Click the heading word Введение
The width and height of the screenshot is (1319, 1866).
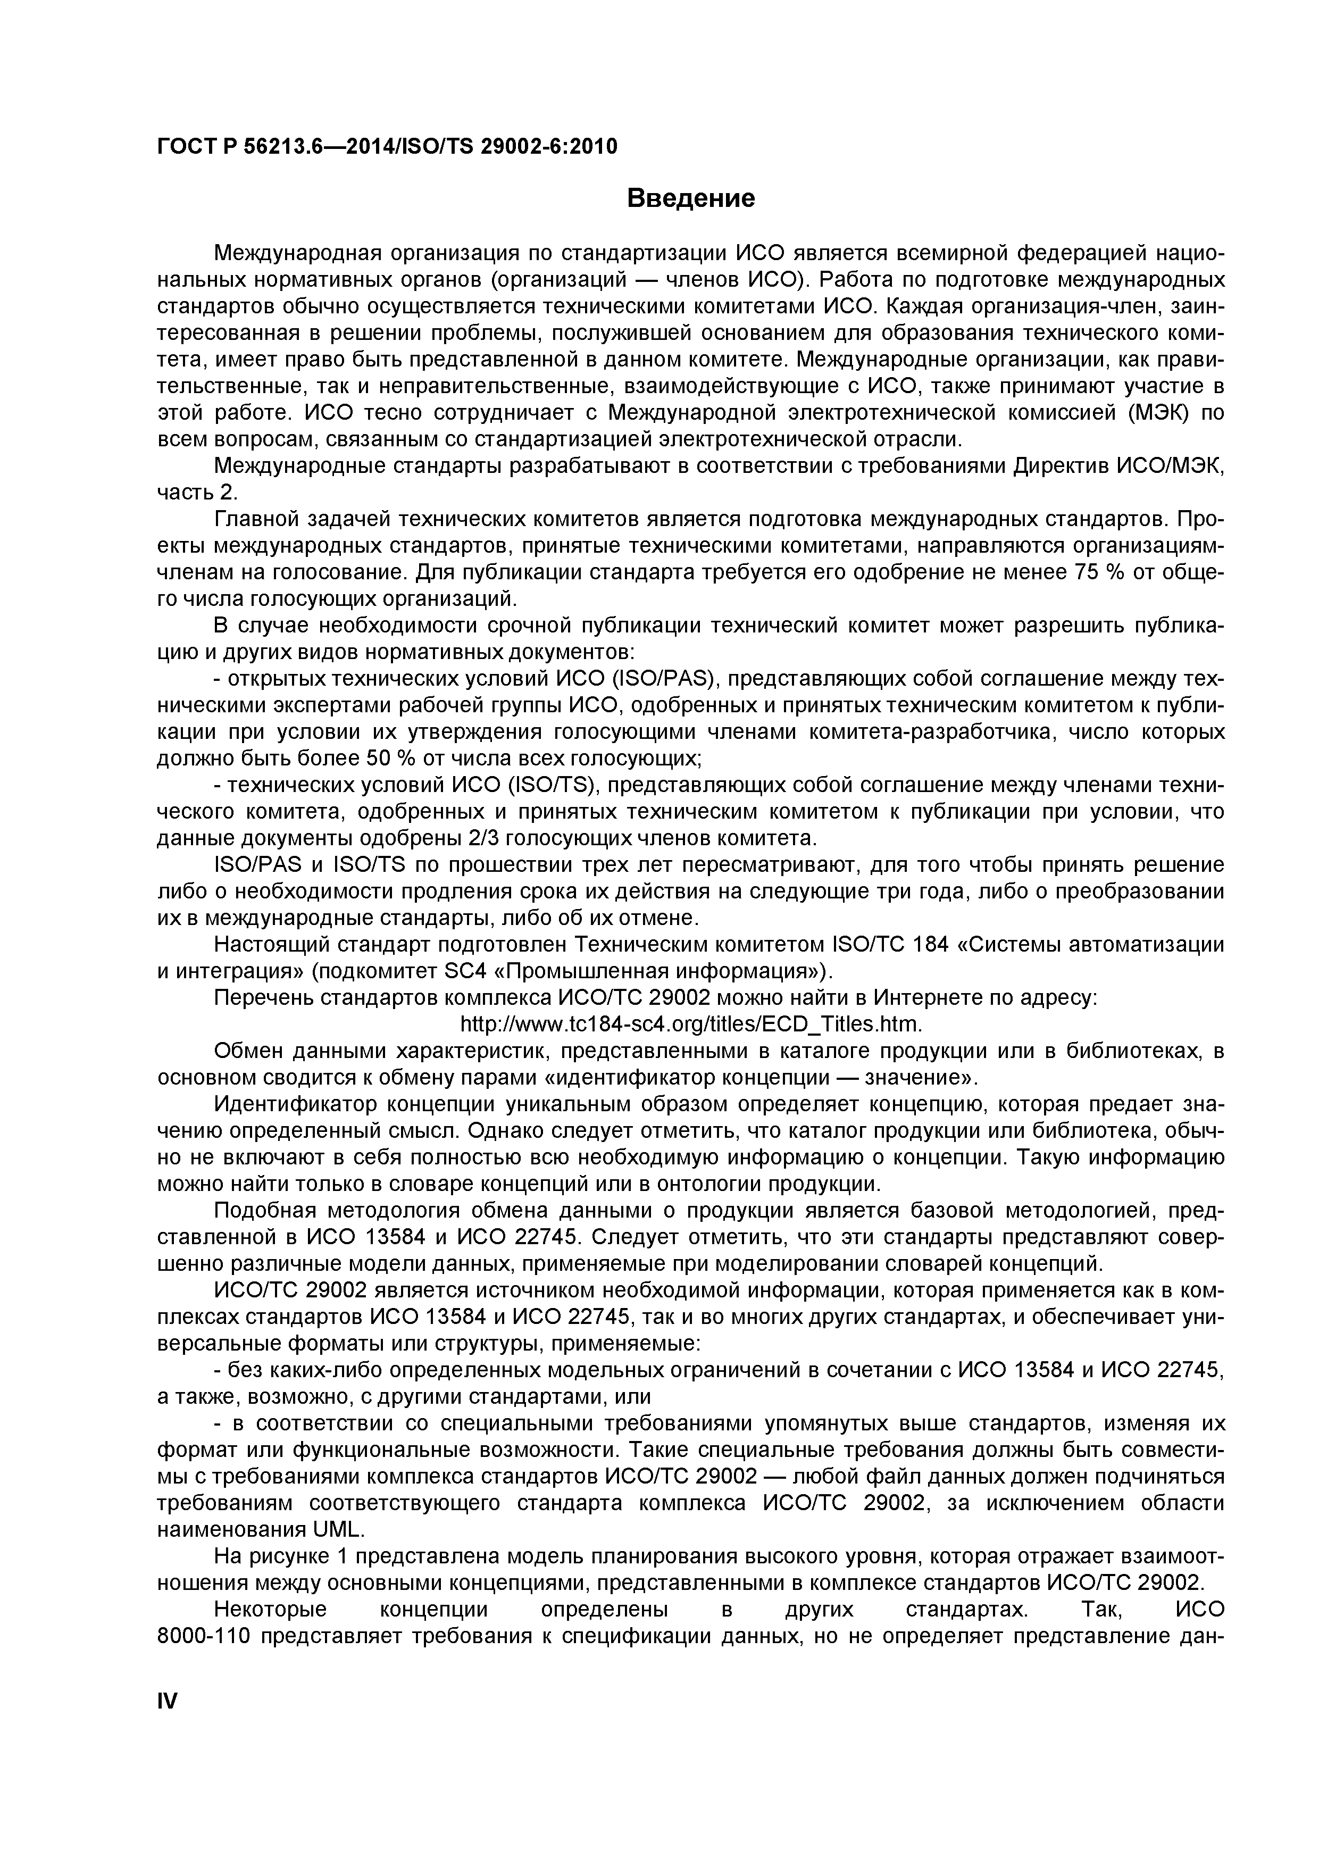(x=691, y=198)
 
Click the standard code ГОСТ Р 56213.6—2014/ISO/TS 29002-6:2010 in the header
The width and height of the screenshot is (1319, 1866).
(x=387, y=146)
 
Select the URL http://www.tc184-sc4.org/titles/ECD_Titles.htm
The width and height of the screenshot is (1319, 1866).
(x=691, y=1022)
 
